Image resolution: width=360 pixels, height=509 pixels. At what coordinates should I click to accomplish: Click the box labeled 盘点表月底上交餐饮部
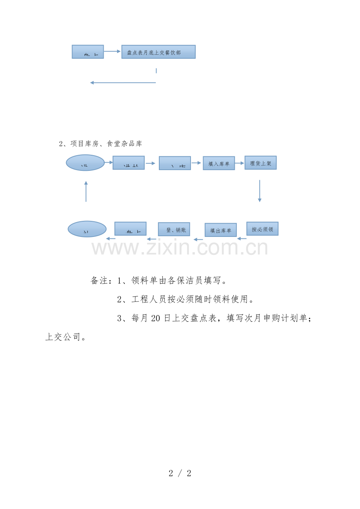coord(158,52)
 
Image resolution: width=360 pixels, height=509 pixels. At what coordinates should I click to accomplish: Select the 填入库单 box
coord(219,163)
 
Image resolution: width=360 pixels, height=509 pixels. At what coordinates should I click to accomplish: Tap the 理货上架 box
coord(261,163)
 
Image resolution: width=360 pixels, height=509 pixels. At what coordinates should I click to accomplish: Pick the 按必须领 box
coord(262,229)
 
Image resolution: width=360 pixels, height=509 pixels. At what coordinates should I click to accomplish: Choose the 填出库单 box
coord(221,230)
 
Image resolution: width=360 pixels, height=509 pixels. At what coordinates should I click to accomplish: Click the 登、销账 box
coord(174,229)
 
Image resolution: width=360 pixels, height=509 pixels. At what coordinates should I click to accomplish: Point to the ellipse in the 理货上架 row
coord(85,163)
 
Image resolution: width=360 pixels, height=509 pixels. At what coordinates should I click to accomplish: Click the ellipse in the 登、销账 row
coord(87,229)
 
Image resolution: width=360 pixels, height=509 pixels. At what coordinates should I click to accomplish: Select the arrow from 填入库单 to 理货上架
coord(239,163)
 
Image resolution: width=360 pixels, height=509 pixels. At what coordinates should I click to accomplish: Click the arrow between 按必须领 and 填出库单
coord(242,238)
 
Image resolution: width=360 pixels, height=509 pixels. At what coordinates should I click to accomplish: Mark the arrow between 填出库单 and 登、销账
coord(198,239)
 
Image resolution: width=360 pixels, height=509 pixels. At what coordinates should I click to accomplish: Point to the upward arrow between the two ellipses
coord(86,191)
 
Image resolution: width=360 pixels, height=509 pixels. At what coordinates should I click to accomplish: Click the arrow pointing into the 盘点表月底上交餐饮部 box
coord(113,51)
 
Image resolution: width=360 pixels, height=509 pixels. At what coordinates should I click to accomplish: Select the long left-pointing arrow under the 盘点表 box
coord(123,82)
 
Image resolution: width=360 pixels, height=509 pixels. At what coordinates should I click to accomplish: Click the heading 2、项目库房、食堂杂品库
coord(101,144)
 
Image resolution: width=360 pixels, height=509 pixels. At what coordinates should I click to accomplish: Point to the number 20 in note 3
coord(155,319)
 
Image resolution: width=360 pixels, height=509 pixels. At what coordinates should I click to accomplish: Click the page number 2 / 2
coord(180,473)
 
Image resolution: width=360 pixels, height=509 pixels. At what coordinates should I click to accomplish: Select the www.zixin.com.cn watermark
coord(180,247)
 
